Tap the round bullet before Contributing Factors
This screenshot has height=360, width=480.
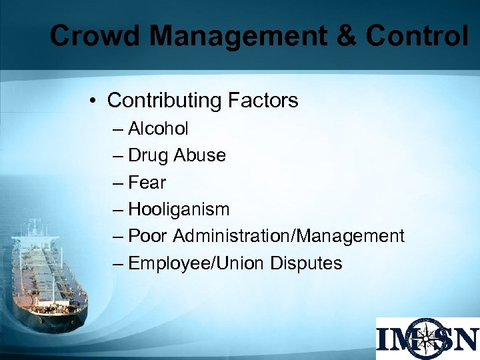pos(95,101)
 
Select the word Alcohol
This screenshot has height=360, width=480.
pos(158,128)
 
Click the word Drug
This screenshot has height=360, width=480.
pos(149,155)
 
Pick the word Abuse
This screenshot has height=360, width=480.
pos(199,155)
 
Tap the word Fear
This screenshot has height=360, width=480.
pos(147,182)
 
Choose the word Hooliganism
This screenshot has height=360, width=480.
pos(179,209)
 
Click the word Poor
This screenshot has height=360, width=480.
pos(149,236)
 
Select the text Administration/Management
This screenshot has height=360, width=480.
pos(289,236)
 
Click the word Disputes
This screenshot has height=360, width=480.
pos(306,263)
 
